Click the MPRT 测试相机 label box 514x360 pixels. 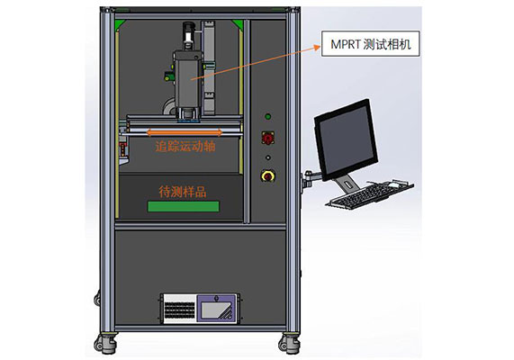(x=370, y=43)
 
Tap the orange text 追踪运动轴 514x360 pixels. (x=185, y=146)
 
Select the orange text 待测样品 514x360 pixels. (x=183, y=192)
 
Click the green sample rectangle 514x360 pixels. (x=184, y=207)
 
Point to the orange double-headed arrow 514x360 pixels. (x=185, y=132)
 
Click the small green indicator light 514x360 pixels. (x=268, y=116)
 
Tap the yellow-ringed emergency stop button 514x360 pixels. (x=268, y=176)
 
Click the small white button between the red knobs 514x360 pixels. (x=268, y=157)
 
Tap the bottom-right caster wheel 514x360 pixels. (x=289, y=344)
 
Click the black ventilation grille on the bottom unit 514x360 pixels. (x=180, y=310)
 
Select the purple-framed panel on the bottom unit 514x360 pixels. (x=216, y=309)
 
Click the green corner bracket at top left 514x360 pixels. (x=120, y=24)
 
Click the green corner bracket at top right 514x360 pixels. (x=238, y=24)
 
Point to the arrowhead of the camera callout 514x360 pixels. (x=318, y=47)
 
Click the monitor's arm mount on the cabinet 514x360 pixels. (x=308, y=179)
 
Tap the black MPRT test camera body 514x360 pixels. (x=187, y=80)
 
